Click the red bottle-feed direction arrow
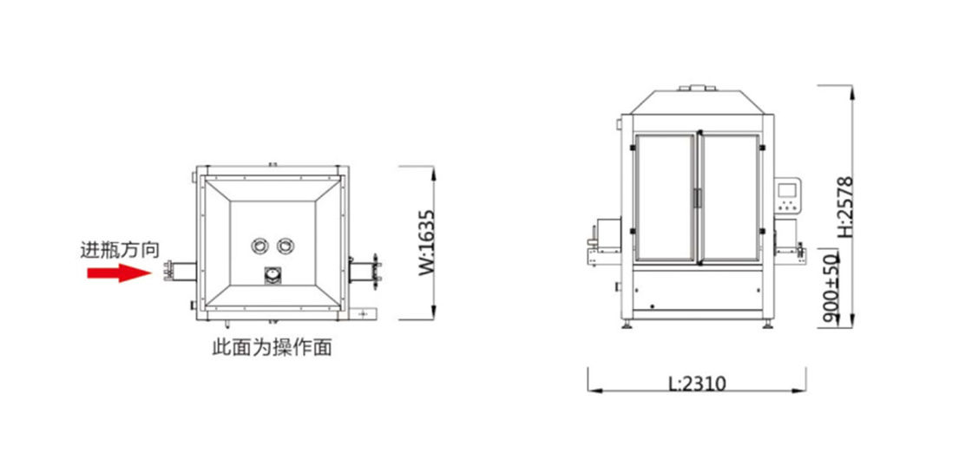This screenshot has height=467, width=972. click(x=119, y=273)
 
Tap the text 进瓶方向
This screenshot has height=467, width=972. click(x=121, y=250)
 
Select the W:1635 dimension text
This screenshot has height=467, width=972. click(x=427, y=242)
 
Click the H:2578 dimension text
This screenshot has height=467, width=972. click(x=845, y=207)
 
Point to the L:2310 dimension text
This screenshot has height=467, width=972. click(x=697, y=384)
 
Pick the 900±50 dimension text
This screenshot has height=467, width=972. click(x=831, y=289)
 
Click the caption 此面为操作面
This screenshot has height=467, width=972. click(x=273, y=347)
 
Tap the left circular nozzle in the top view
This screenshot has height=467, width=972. click(x=259, y=246)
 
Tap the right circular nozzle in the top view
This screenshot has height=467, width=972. click(x=286, y=246)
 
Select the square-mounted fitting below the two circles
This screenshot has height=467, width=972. click(x=273, y=275)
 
